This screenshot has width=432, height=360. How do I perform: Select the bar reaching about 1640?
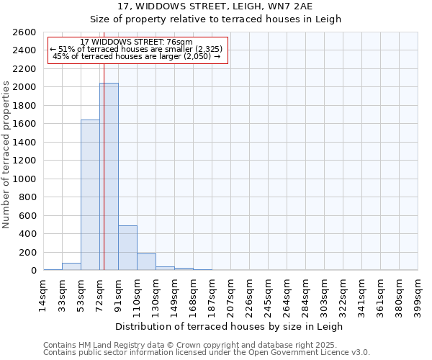tap(90, 194)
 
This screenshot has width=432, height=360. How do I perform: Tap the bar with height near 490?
tap(127, 248)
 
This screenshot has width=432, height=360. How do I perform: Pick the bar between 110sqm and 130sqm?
tap(146, 262)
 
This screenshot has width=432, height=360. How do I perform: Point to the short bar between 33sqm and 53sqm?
tap(71, 266)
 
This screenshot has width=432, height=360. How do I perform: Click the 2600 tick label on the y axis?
tap(24, 32)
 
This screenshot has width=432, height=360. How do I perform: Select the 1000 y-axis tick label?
tap(24, 179)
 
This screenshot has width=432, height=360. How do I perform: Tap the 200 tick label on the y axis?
tap(27, 252)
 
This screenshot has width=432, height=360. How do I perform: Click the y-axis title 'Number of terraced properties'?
tap(6, 154)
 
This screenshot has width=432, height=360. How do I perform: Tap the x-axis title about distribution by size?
tap(230, 326)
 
